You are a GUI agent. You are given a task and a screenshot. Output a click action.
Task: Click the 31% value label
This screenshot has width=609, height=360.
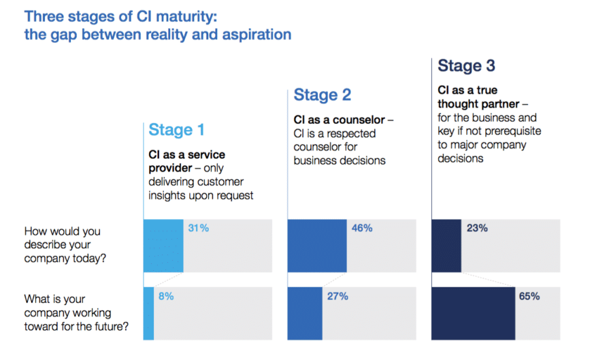point(198,229)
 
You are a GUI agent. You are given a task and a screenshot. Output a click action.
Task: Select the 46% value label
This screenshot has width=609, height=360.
point(361,229)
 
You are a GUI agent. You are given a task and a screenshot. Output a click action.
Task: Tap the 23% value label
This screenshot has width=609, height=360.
point(477,229)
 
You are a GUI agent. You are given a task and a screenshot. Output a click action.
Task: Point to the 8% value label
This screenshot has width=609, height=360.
point(165,296)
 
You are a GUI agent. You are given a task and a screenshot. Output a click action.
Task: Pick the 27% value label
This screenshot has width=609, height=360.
point(338,296)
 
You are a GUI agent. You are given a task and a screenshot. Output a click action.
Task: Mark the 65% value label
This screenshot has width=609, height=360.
point(529,296)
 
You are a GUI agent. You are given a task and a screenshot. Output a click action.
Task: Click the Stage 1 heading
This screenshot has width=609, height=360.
point(176,129)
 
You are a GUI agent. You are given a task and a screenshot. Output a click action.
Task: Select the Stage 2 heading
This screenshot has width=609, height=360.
point(323,95)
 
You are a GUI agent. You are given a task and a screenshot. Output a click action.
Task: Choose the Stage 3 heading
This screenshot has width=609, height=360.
point(466,65)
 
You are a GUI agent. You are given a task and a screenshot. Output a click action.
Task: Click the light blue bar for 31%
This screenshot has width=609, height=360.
point(163,246)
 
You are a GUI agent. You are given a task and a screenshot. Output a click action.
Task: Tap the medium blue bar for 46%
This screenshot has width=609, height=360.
point(317,246)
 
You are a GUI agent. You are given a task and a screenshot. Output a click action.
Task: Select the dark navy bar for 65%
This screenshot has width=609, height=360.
point(474,313)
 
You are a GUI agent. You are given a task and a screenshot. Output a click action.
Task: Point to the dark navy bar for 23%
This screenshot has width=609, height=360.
point(447,246)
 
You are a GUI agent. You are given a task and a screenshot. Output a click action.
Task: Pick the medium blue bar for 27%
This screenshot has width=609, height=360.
point(305,313)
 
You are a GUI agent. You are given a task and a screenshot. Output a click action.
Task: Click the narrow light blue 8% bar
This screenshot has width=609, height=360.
point(148,313)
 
